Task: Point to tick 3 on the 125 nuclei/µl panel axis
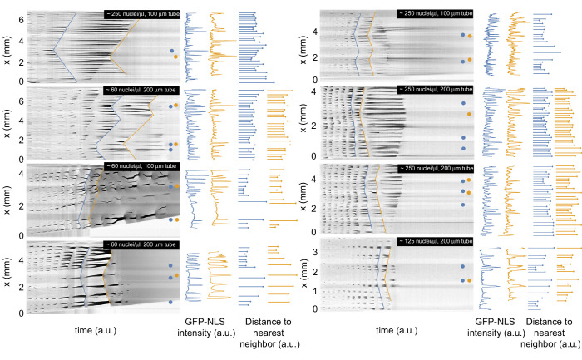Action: (x=311, y=251)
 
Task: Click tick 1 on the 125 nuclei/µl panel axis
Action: (x=311, y=290)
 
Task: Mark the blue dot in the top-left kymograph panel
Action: (x=171, y=51)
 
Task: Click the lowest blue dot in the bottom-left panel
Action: (x=171, y=302)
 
